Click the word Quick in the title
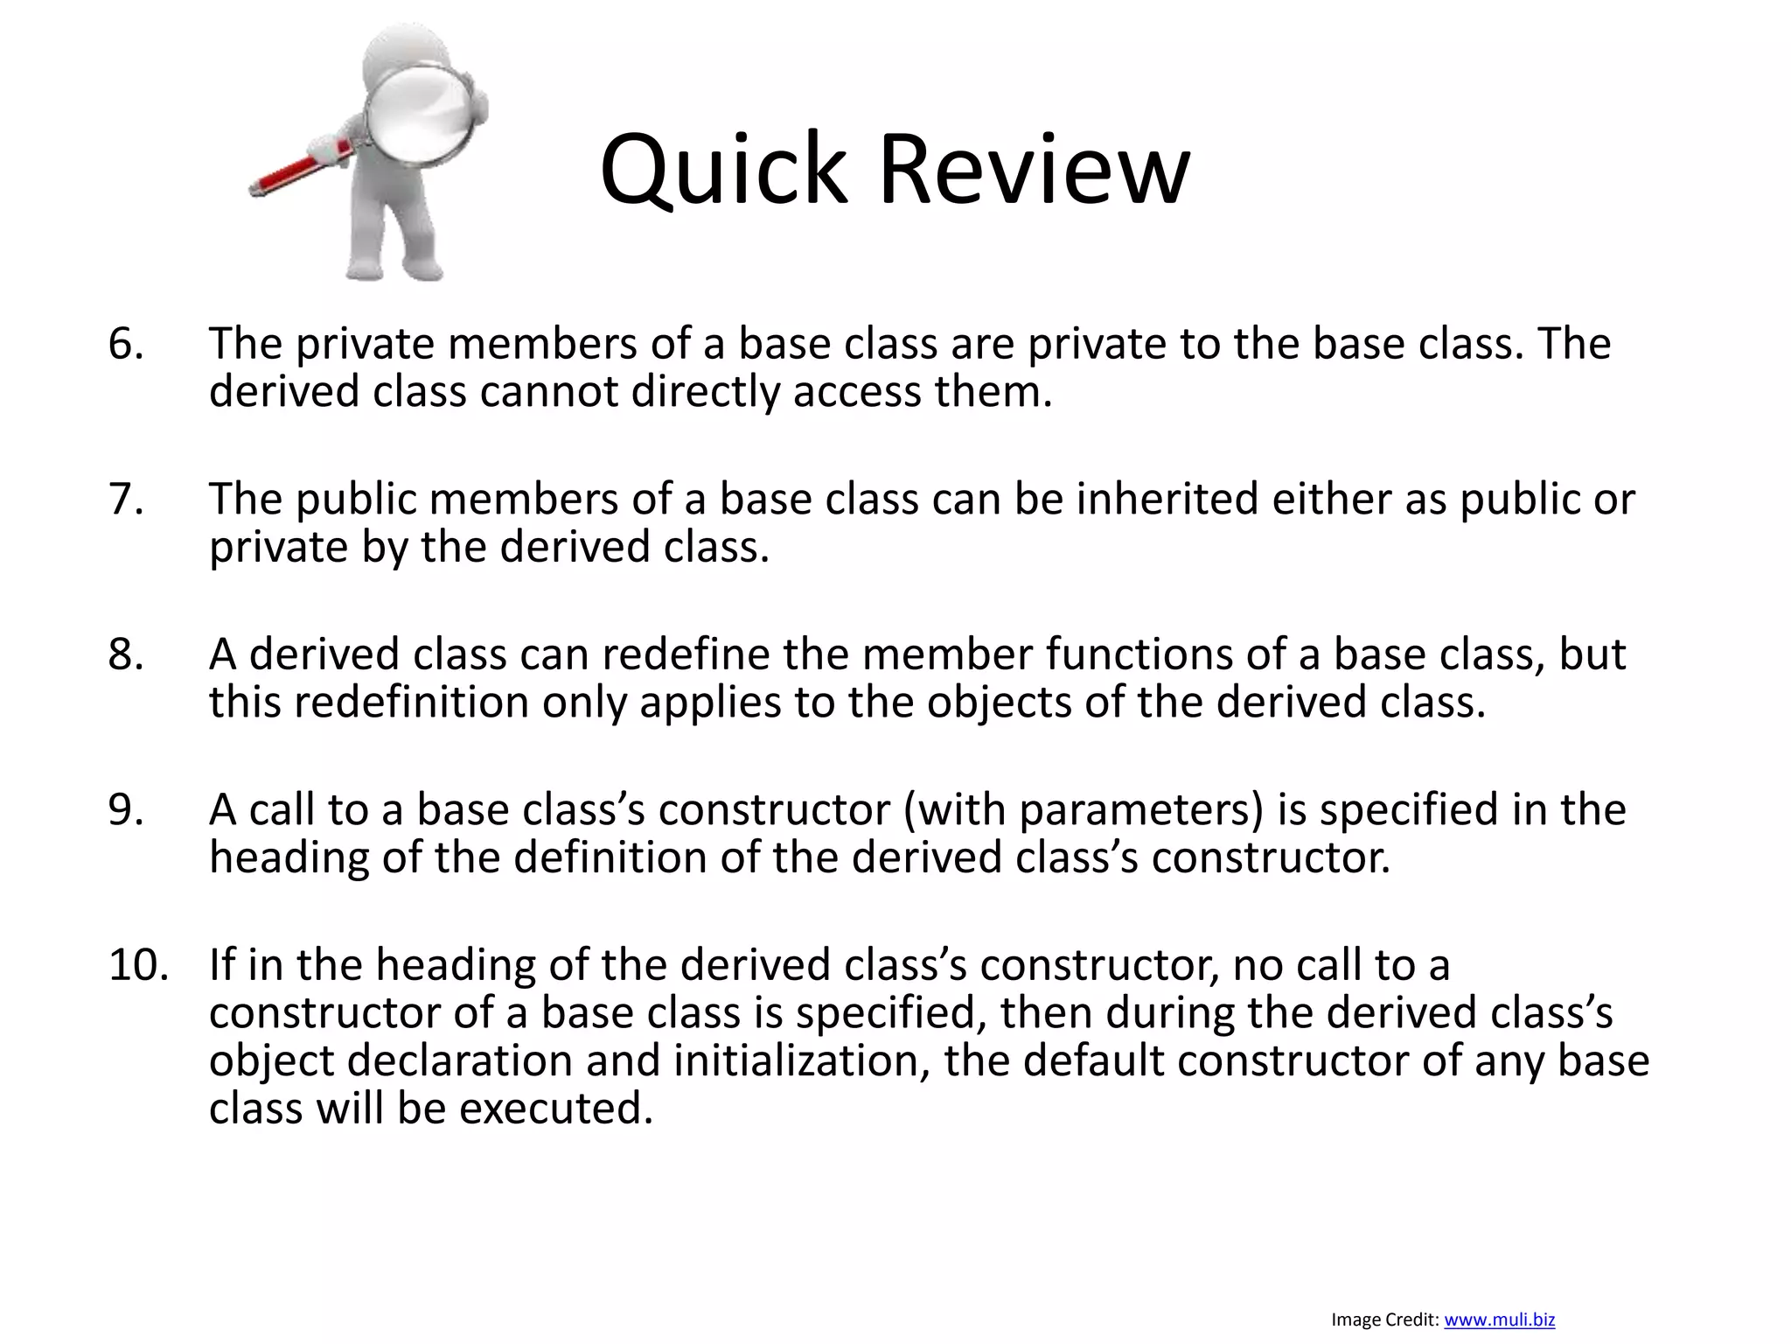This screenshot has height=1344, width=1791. [723, 171]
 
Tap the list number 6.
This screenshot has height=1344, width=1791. [125, 344]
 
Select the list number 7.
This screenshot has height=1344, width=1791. [125, 500]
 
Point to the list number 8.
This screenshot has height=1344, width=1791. [125, 654]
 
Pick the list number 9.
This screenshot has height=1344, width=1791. [125, 809]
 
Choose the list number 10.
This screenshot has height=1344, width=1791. [138, 965]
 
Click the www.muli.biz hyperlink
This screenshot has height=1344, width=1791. [1499, 1319]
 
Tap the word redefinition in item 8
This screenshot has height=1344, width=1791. [411, 703]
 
